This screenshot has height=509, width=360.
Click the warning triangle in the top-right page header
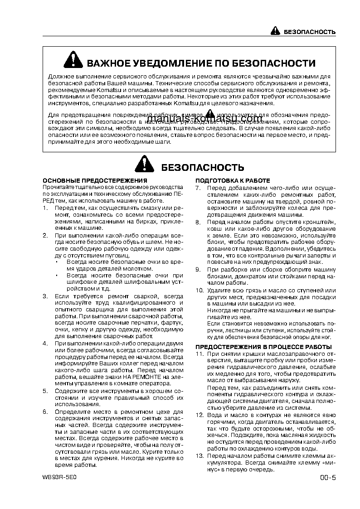[x=276, y=31]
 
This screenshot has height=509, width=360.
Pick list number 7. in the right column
[x=198, y=188]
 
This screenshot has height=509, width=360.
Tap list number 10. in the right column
[x=199, y=290]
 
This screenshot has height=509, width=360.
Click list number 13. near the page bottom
[x=199, y=456]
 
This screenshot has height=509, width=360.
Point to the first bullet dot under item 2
[x=58, y=262]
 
